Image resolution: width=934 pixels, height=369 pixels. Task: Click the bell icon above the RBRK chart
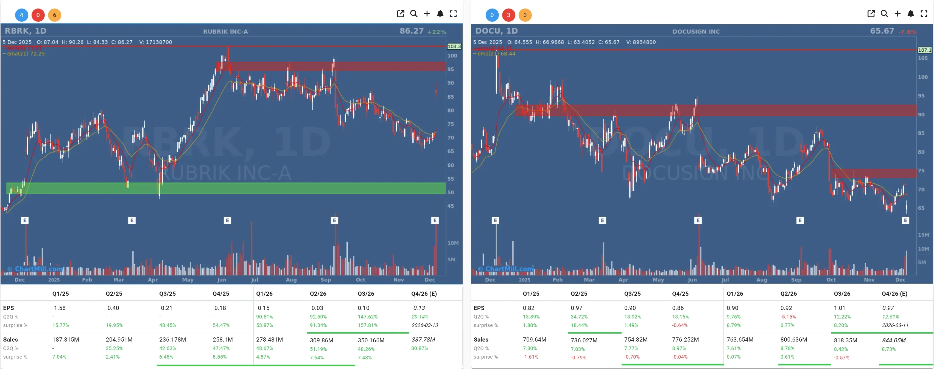(440, 14)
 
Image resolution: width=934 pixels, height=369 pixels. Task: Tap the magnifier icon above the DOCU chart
(884, 14)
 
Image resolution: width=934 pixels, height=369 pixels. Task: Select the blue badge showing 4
(21, 15)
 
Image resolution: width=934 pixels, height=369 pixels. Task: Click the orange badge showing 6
(54, 15)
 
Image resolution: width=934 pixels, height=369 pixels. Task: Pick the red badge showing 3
(508, 15)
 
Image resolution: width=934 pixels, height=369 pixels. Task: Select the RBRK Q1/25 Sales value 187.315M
(66, 339)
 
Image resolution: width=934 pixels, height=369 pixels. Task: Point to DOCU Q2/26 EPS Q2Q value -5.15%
(788, 317)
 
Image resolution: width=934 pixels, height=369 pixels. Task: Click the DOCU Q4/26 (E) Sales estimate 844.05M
(893, 340)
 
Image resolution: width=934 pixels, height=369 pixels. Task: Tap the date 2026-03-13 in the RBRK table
(424, 325)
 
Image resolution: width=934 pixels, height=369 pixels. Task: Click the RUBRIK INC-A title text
(225, 32)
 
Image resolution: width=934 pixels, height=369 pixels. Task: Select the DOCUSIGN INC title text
(696, 32)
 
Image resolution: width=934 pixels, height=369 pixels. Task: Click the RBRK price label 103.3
(454, 46)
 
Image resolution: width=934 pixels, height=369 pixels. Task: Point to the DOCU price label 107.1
(924, 50)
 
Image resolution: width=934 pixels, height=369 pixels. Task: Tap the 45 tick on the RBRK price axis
(450, 206)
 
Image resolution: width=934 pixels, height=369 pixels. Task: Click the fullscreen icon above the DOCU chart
(924, 14)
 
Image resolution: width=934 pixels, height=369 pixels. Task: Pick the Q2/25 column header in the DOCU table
(579, 293)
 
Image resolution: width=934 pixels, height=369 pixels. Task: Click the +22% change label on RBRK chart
(437, 32)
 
